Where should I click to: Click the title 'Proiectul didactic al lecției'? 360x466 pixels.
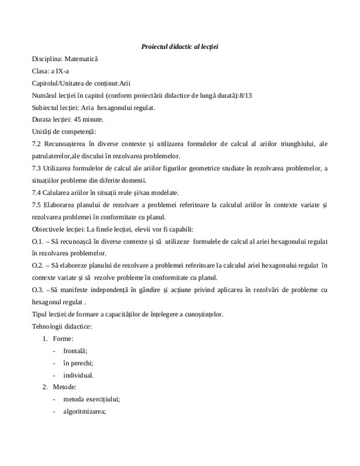[x=179, y=47]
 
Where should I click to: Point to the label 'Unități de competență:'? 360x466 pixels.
[x=64, y=132]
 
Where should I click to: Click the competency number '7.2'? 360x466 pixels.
[x=37, y=144]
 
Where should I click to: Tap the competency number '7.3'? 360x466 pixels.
[x=37, y=169]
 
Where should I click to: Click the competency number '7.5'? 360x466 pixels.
[x=37, y=205]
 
